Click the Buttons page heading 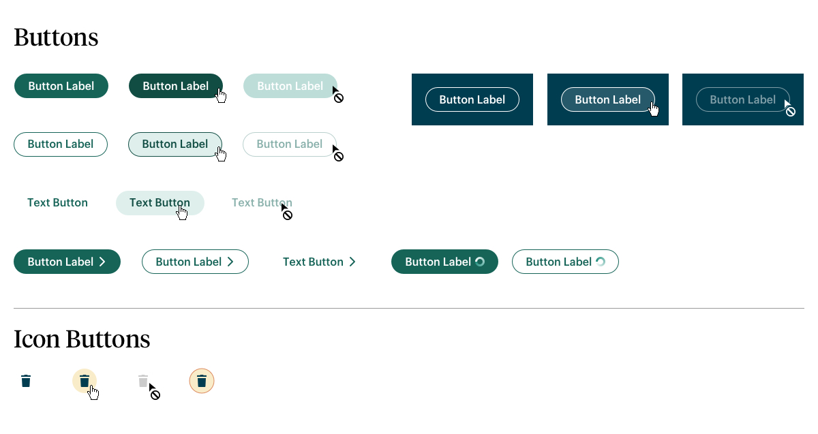point(56,37)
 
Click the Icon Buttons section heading point(82,339)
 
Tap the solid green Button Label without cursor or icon point(61,86)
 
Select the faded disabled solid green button point(290,86)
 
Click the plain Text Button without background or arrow point(58,202)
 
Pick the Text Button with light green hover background point(160,203)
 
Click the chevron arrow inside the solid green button point(103,262)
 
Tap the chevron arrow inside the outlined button point(230,262)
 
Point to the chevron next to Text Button point(352,262)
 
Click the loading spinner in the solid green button point(480,262)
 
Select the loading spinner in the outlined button point(601,262)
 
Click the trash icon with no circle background point(26,381)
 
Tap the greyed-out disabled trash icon point(143,381)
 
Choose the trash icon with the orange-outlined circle point(202,381)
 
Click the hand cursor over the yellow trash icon point(93,392)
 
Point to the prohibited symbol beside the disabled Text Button point(288,215)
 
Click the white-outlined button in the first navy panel point(472,99)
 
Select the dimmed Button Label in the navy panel point(743,99)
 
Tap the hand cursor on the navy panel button point(654,109)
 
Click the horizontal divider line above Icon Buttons point(409,308)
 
